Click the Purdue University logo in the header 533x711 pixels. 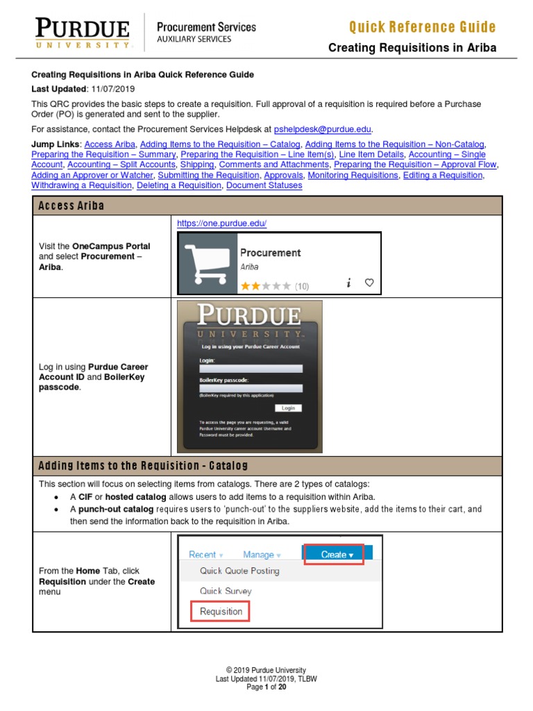[83, 33]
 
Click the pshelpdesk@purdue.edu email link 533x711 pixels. [323, 129]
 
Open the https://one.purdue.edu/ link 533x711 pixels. [222, 224]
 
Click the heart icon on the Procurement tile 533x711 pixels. [369, 283]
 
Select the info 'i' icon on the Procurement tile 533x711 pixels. [348, 283]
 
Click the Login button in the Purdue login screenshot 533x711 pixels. [288, 408]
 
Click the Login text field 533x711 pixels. [241, 369]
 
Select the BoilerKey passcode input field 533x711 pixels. [241, 389]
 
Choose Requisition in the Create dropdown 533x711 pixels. [221, 612]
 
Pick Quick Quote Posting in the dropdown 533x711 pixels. [239, 571]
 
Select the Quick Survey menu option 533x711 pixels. [226, 592]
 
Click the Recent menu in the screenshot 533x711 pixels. [205, 555]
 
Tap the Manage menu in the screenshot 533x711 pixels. [261, 555]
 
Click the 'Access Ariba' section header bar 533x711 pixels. [266, 206]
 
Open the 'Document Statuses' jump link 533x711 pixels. [264, 185]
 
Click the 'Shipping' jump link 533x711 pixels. [196, 165]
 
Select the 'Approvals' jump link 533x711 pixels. [283, 175]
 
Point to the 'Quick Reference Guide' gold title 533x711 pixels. [422, 28]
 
